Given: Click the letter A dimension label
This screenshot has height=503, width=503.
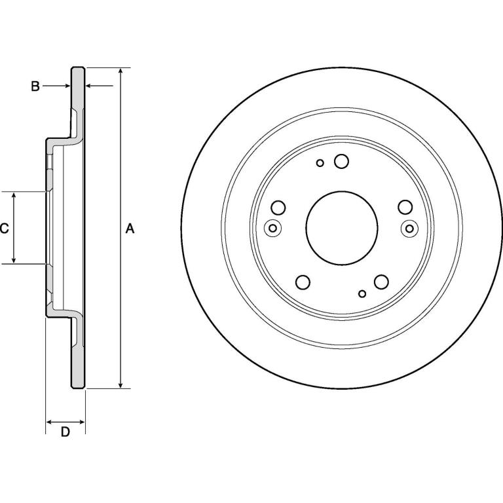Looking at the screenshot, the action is [x=130, y=229].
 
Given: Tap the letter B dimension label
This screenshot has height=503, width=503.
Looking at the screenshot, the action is [x=35, y=86].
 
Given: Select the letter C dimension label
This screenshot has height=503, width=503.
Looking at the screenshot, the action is [x=4, y=229].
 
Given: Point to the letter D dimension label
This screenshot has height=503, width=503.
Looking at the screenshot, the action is [x=65, y=432].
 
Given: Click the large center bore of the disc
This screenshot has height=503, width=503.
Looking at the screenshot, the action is [x=342, y=228].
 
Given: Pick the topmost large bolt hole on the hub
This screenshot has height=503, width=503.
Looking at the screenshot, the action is [x=341, y=161].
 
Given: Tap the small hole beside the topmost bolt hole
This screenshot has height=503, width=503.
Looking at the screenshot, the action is [x=320, y=163].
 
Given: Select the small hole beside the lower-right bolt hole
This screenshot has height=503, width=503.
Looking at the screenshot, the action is [x=362, y=293].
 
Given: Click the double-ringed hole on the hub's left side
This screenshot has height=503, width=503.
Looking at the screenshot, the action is [x=272, y=229].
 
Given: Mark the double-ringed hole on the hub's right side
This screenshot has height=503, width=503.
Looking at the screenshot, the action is [x=409, y=229].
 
